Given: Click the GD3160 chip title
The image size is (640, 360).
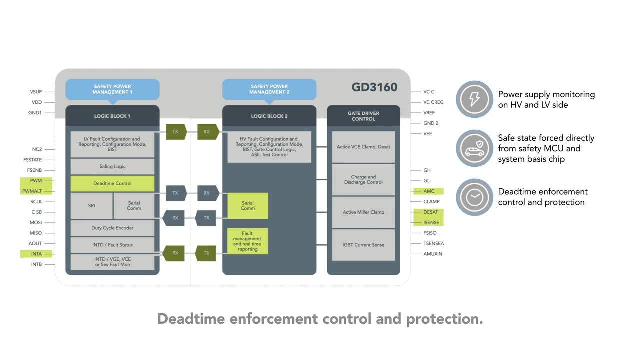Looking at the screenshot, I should tap(374, 87).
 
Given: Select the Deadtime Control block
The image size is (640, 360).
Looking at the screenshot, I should tap(112, 183).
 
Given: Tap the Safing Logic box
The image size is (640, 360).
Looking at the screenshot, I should tap(112, 166).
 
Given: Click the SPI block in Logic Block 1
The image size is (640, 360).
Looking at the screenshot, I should tap(91, 206).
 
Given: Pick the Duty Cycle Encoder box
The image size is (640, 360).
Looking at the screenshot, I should tap(112, 228).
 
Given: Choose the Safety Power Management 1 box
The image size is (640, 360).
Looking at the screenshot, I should tap(112, 89).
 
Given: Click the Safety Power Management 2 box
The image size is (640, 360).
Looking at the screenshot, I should tap(269, 89).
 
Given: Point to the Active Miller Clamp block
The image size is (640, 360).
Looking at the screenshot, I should tap(363, 212).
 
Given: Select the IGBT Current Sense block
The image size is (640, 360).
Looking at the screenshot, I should tap(363, 245).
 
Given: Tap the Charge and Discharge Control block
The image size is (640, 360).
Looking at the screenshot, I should tap(363, 180).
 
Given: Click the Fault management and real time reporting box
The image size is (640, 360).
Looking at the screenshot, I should tap(247, 241).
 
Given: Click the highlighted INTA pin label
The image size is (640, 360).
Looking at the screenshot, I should tap(36, 254).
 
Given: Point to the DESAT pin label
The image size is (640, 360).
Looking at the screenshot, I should tap(430, 212).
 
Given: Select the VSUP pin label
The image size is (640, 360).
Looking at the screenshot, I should tap(36, 92).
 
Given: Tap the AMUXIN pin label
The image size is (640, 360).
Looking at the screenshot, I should tap(433, 254).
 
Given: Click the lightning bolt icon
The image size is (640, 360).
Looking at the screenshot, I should tap(474, 99).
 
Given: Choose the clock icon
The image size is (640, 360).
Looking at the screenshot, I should tap(474, 197).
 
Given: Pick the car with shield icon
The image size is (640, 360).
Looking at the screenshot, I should tap(474, 148).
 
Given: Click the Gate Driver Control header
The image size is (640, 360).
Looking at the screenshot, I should tap(363, 116).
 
